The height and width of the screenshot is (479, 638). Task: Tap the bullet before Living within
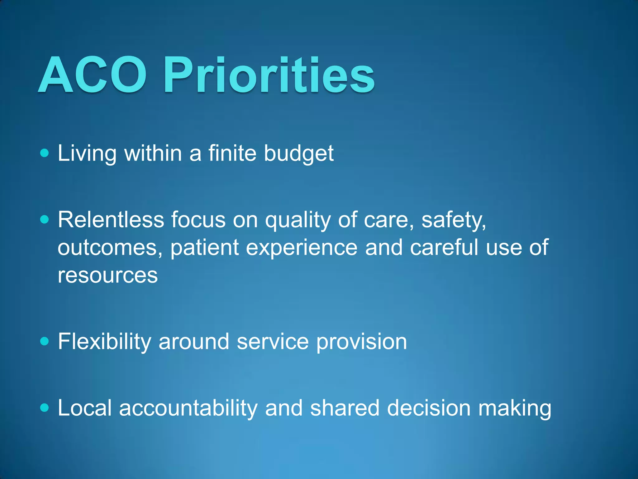(x=45, y=153)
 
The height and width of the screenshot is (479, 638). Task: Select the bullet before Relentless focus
(x=45, y=220)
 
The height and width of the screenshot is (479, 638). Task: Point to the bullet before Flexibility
(x=45, y=341)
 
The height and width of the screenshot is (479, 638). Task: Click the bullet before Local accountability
(x=45, y=408)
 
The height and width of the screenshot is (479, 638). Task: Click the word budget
(x=298, y=153)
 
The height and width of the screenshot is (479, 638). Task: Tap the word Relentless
(x=111, y=220)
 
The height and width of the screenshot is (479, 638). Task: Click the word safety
(x=453, y=220)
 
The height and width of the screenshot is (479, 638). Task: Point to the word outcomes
(x=110, y=248)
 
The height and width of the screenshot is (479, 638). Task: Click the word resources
(x=107, y=276)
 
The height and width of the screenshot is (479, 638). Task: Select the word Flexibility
(x=104, y=342)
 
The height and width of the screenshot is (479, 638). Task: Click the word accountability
(x=188, y=408)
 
